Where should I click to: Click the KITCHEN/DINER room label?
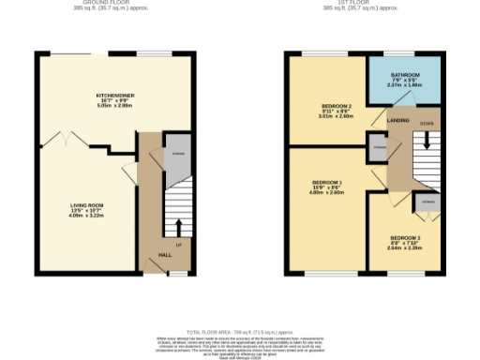(118, 97)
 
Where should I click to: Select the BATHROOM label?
(405, 74)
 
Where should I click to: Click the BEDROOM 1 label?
(327, 181)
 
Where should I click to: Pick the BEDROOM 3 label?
(405, 239)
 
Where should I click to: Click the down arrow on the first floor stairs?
(427, 140)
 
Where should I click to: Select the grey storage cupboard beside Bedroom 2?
(379, 147)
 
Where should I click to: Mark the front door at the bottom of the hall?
(174, 273)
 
